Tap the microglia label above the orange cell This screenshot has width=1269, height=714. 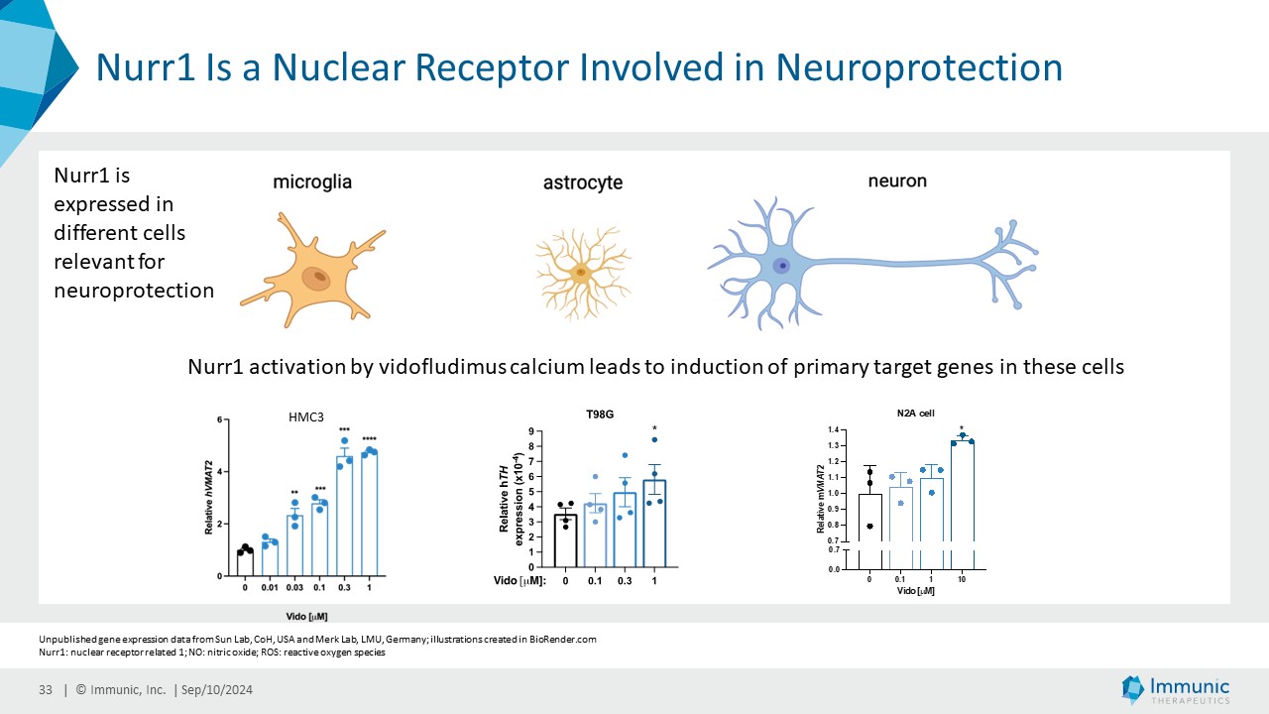tap(312, 182)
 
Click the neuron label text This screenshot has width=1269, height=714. tap(897, 180)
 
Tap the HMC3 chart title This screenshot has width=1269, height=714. tap(306, 418)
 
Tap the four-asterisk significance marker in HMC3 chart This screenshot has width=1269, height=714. tap(369, 439)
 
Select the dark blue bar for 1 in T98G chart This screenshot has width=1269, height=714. tap(654, 526)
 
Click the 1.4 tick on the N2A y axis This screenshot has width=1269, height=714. tap(834, 429)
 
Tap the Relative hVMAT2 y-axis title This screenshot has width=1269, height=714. tap(210, 498)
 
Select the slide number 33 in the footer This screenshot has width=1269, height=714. tap(46, 690)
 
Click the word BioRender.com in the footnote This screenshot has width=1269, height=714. tap(565, 640)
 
